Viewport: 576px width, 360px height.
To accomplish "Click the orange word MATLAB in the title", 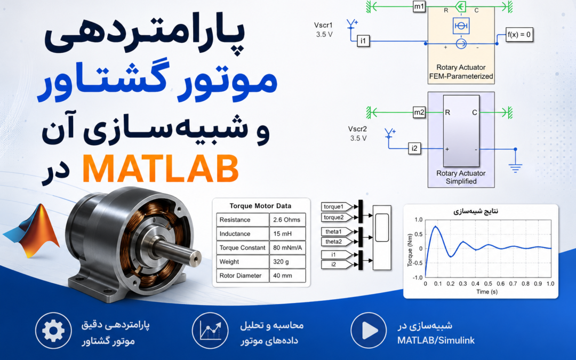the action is [x=161, y=169].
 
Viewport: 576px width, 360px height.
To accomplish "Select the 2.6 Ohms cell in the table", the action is [x=287, y=220].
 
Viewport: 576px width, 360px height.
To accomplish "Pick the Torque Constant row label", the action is [x=243, y=247].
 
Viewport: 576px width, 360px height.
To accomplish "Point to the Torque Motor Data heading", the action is [x=260, y=206].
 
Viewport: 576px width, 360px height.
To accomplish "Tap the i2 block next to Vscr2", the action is [x=414, y=148].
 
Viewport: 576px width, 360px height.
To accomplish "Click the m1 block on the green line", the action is [x=419, y=6].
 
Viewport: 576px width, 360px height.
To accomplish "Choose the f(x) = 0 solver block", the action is [x=519, y=35].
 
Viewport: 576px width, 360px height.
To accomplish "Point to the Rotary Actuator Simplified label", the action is [x=461, y=177].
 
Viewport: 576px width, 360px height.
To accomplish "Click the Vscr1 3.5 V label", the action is [x=324, y=30].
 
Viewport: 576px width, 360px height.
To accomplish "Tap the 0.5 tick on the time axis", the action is [x=488, y=284].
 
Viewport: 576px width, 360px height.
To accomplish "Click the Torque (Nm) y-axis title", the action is [x=410, y=250].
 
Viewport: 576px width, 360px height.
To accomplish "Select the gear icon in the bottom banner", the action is [x=54, y=331].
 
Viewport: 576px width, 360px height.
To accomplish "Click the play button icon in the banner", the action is [x=369, y=331].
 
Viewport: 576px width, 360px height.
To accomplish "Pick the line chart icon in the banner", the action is [x=210, y=331].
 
